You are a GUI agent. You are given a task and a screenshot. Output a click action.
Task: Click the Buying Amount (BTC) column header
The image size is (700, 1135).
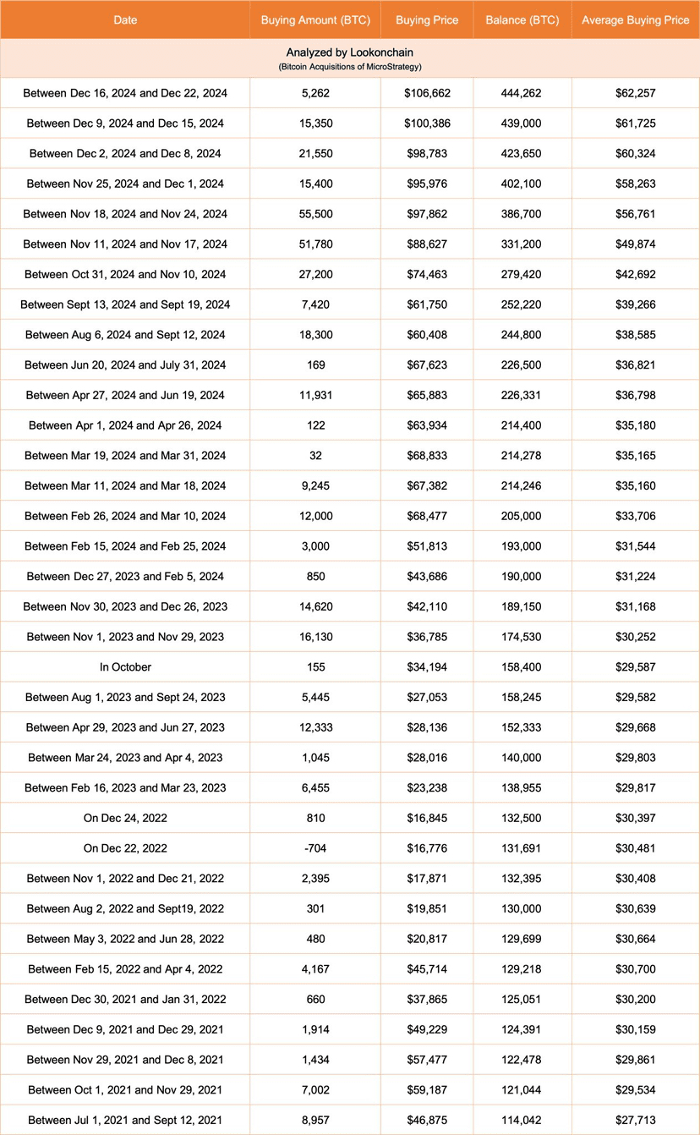click(315, 20)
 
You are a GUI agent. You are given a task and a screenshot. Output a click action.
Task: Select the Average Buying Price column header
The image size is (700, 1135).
click(636, 20)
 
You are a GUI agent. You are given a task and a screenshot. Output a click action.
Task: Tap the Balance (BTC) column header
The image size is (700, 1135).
click(522, 20)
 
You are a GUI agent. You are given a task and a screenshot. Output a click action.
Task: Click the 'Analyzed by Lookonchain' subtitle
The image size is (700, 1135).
click(350, 52)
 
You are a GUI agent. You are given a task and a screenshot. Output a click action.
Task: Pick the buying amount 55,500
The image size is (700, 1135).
click(315, 214)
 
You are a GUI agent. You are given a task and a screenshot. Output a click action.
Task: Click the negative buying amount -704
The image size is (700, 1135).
click(315, 848)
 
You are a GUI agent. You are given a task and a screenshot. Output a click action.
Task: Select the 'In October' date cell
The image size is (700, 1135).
click(125, 667)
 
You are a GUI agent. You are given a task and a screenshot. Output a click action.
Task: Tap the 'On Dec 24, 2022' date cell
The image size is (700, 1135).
click(125, 818)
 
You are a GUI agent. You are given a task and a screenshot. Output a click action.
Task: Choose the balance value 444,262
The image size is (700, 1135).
click(522, 93)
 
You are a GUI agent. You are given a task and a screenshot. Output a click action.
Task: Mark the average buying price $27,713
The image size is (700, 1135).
click(636, 1121)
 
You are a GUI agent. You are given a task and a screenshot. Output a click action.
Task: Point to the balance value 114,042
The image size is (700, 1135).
click(522, 1121)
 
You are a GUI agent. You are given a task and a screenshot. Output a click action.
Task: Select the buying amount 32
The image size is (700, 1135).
click(315, 456)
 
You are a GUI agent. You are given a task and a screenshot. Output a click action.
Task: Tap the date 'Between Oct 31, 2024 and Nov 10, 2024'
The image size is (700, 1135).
click(125, 274)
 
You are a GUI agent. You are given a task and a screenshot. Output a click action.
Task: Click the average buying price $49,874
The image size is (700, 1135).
click(636, 244)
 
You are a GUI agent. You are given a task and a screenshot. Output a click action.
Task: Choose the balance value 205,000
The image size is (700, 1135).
click(522, 516)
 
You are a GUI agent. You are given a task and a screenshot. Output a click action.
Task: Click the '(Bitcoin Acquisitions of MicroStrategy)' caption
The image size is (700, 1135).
click(350, 66)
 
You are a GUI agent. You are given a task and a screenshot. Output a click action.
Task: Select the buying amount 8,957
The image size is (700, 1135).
click(315, 1121)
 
